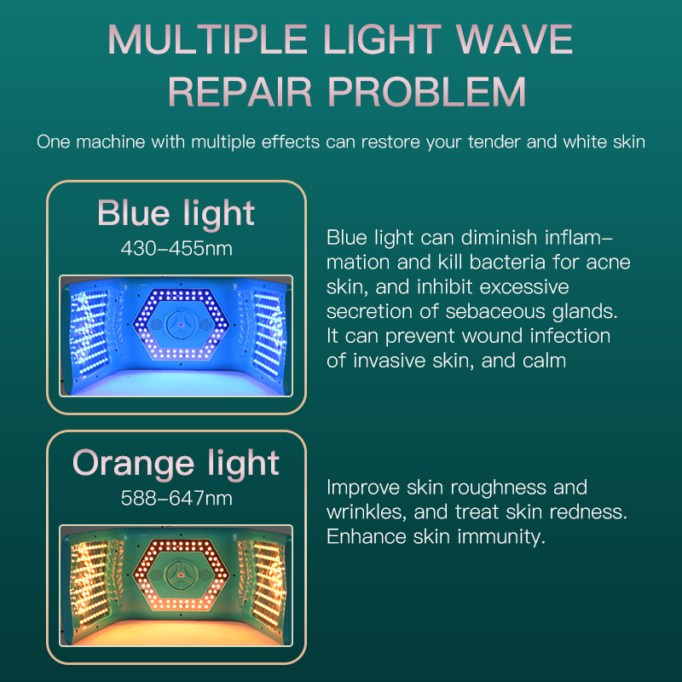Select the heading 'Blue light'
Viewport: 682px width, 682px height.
coord(176,212)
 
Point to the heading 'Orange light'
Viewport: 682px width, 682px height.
coord(176,462)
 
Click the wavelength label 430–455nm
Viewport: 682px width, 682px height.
coord(176,249)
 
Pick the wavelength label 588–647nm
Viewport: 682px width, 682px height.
coord(176,498)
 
